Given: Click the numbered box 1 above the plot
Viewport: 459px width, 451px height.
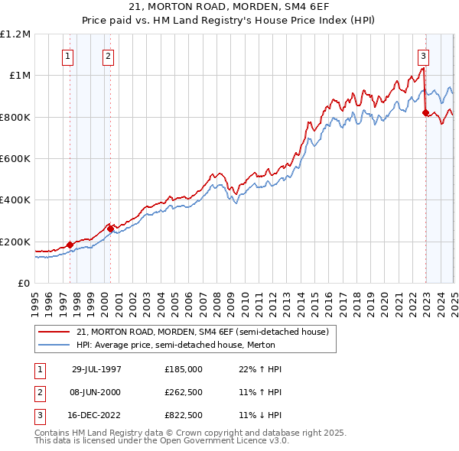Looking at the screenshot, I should [x=69, y=55].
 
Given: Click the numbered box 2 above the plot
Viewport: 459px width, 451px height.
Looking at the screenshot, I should [x=109, y=55].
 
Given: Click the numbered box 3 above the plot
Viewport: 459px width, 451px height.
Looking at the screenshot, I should [x=423, y=55].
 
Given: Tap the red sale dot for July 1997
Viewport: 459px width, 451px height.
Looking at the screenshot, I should [x=70, y=245].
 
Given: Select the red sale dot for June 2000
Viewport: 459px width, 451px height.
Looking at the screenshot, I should [x=110, y=229].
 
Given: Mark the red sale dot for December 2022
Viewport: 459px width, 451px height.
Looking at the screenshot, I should [x=425, y=113].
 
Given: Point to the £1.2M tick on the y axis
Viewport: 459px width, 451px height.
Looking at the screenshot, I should [x=15, y=34].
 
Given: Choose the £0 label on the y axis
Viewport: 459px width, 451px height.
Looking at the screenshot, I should [x=23, y=284].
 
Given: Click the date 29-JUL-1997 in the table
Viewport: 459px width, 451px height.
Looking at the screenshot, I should [x=96, y=368].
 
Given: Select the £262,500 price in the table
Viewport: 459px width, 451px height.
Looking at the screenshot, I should [x=184, y=392].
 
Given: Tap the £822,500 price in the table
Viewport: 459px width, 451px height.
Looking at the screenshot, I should [x=184, y=416].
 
